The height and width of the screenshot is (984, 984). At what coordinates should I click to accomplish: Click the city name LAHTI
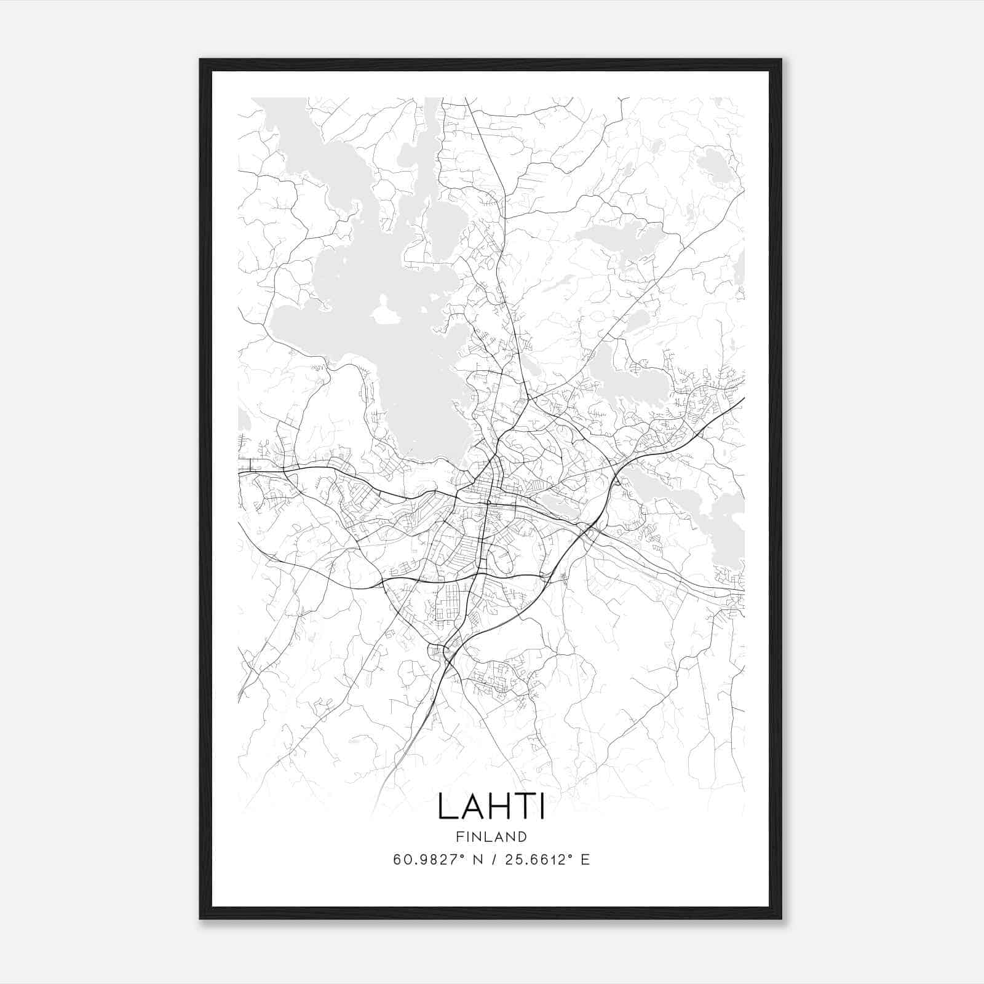tap(491, 807)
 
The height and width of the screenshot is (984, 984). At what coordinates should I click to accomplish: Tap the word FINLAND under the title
tap(491, 836)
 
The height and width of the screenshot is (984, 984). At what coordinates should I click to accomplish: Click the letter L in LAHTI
tap(447, 807)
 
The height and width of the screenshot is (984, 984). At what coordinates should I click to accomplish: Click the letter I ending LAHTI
tap(541, 807)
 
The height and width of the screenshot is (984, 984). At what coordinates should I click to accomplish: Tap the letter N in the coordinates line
tap(475, 860)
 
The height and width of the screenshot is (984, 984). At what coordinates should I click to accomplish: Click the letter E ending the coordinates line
tap(585, 860)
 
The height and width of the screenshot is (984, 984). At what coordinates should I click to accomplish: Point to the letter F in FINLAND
tap(459, 836)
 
